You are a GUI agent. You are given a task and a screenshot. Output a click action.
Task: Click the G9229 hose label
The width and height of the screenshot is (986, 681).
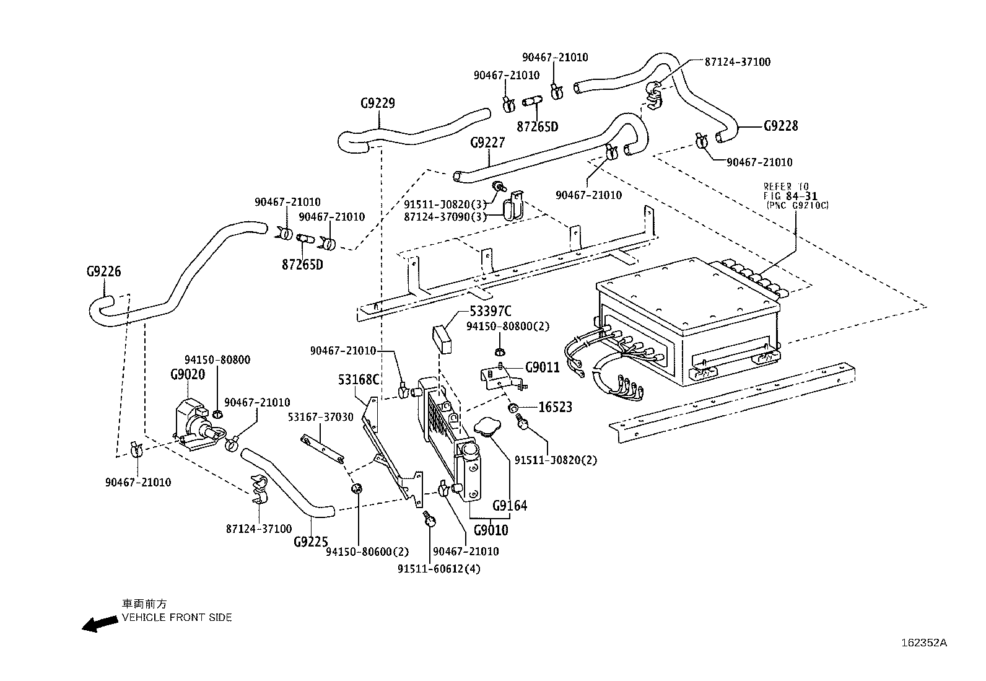click(377, 103)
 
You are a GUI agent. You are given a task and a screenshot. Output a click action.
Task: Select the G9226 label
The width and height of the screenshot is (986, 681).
click(103, 271)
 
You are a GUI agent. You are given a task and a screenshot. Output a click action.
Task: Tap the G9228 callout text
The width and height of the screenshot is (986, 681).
click(780, 126)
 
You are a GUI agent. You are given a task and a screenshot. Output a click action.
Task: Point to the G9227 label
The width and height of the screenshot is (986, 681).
click(487, 143)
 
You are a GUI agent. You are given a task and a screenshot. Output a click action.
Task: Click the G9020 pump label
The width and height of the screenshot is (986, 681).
click(188, 374)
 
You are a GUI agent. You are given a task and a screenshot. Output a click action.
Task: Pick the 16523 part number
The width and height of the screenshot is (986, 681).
click(555, 407)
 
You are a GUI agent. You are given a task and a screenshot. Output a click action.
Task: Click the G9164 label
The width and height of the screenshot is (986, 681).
click(510, 506)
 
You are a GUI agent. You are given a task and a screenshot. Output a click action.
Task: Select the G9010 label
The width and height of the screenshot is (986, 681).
click(491, 530)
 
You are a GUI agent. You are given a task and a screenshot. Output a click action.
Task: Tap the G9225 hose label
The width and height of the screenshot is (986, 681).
click(310, 542)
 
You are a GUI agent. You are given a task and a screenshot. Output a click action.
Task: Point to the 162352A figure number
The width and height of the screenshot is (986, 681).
click(923, 643)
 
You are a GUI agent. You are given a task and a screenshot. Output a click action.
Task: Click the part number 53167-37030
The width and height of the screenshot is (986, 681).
click(320, 417)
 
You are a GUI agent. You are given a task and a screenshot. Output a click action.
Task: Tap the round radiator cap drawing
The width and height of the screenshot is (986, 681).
click(489, 427)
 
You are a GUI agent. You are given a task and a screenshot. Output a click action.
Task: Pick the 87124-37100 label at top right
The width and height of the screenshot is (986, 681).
click(737, 62)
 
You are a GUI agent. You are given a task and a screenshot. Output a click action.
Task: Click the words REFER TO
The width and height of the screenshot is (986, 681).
click(786, 186)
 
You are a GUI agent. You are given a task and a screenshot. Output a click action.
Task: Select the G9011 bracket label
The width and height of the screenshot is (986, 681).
click(542, 367)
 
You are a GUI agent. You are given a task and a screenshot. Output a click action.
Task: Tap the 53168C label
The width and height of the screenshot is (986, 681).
click(359, 379)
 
